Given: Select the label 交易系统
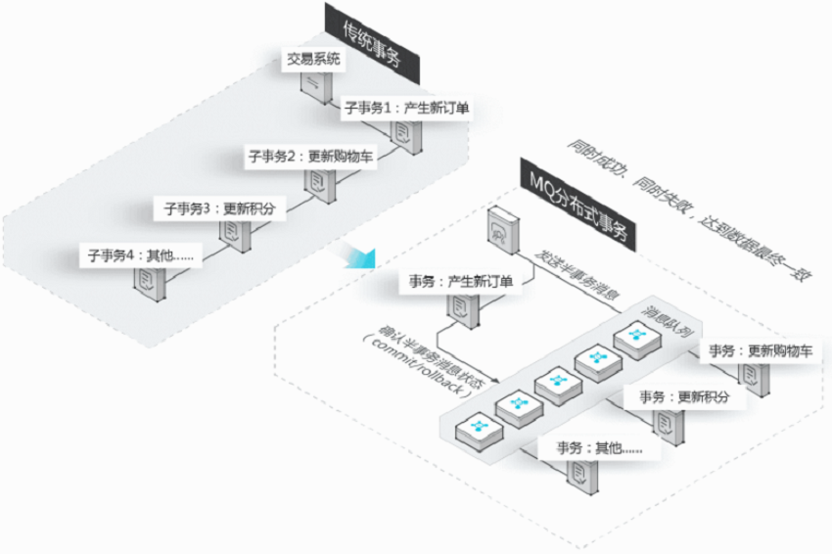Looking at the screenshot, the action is [x=313, y=59].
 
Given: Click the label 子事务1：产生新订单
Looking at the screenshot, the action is [x=406, y=109].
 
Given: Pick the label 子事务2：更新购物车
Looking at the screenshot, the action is [x=310, y=157].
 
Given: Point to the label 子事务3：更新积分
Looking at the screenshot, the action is [x=219, y=208].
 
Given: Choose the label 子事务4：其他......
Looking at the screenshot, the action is [x=141, y=255].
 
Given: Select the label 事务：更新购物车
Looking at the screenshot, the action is [x=761, y=350].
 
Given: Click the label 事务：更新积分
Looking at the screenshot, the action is [x=684, y=396].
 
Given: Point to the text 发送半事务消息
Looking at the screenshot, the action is [x=578, y=275].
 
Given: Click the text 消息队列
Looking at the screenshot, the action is [x=668, y=322].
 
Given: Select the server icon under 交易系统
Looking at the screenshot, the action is [x=317, y=87].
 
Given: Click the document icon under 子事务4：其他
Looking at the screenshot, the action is [x=150, y=284].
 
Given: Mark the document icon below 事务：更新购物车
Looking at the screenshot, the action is [x=754, y=379].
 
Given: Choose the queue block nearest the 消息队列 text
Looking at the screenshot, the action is [x=637, y=338].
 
